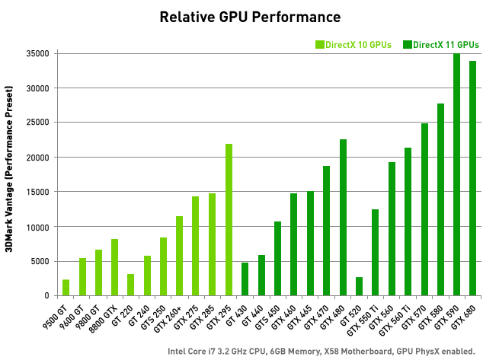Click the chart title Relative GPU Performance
point(250,16)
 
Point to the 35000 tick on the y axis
point(37,53)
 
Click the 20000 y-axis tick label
point(37,158)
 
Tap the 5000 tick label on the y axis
point(40,261)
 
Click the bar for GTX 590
point(456,174)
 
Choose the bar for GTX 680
point(472,178)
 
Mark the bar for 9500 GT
point(66,288)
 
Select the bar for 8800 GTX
point(115,267)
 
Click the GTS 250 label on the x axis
point(153,314)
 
